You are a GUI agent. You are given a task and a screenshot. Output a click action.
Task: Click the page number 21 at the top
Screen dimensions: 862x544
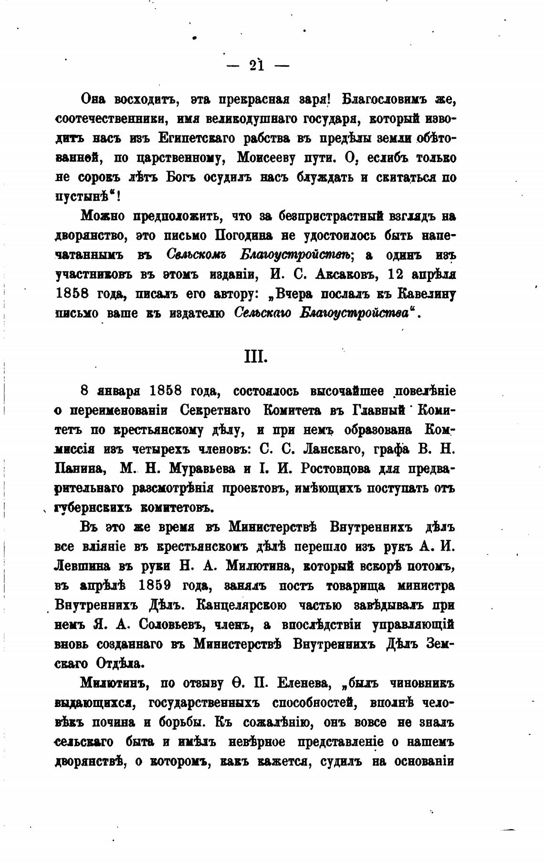click(x=256, y=65)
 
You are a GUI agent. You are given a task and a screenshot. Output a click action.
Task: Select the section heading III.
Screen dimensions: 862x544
click(x=255, y=356)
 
